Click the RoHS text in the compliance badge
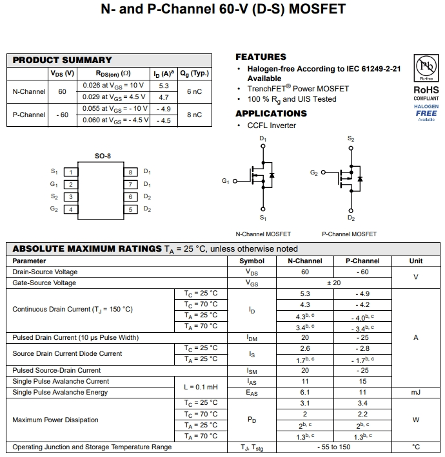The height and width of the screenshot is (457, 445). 426,90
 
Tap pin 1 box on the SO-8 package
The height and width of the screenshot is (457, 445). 70,172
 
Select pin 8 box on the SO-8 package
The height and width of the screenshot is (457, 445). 130,172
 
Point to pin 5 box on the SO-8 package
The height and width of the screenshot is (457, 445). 130,209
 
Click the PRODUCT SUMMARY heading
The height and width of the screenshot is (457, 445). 63,60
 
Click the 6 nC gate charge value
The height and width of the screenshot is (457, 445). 194,91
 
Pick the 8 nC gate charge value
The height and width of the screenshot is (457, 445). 194,115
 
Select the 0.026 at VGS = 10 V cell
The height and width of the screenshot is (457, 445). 114,85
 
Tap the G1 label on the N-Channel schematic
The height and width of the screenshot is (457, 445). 226,182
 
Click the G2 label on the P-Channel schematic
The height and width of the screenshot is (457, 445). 314,173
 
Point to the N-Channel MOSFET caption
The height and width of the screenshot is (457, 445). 263,234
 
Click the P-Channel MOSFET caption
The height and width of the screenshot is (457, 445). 349,234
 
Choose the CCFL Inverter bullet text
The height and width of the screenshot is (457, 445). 272,126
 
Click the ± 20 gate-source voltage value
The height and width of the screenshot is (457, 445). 333,283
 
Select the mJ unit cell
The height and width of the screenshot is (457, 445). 416,392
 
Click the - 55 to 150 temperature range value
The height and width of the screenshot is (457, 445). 333,447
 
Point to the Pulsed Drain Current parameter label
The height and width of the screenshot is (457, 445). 75,337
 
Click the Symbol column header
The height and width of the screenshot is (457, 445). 252,261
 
